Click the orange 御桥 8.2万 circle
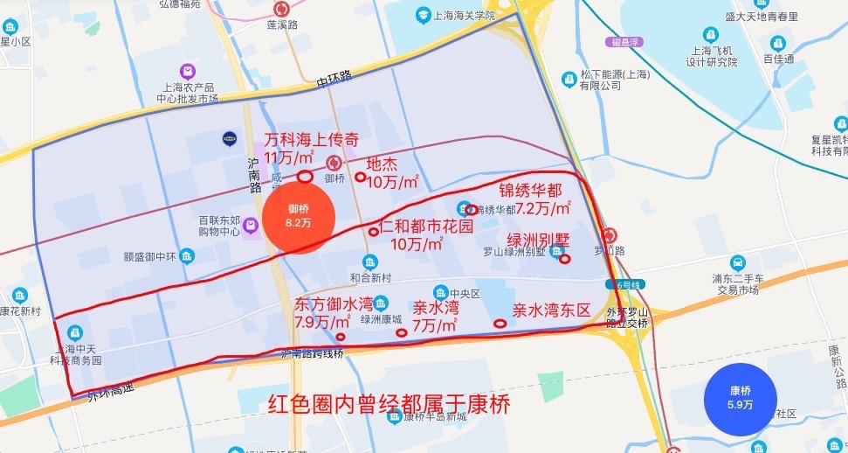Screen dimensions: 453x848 click(x=299, y=216)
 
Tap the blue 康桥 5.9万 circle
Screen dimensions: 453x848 click(x=739, y=398)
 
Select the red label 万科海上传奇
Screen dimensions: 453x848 click(x=312, y=140)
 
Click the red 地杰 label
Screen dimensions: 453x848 click(x=382, y=164)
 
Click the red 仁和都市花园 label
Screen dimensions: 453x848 click(x=426, y=226)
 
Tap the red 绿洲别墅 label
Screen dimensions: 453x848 click(x=539, y=238)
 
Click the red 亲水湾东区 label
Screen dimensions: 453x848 click(x=552, y=310)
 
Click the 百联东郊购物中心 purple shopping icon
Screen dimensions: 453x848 click(x=252, y=226)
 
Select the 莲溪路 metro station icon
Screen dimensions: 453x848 click(x=282, y=9)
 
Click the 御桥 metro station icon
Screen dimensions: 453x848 click(x=334, y=162)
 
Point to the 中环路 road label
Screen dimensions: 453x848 click(x=334, y=78)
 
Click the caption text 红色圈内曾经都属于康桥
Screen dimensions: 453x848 click(x=389, y=405)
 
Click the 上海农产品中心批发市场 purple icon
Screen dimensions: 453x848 click(x=187, y=70)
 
